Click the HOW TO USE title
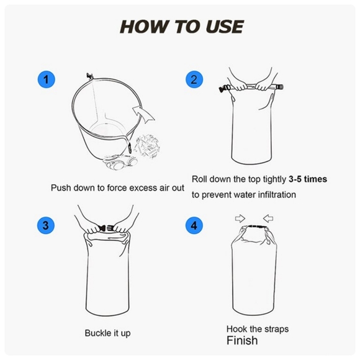181,27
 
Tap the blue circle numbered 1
46,79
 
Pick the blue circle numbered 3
46,225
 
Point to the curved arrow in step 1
144,115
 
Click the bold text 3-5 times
307,179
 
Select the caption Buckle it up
107,333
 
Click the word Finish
242,341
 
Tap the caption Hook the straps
258,328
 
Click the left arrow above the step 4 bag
239,218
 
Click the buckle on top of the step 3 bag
105,229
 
